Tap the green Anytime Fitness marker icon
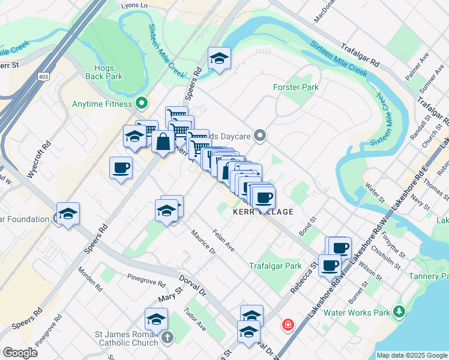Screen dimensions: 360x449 click(142, 103)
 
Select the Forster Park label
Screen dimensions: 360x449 click(296, 87)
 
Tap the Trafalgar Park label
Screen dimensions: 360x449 click(275, 266)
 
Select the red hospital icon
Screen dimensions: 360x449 click(288, 325)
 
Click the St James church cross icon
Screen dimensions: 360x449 click(167, 338)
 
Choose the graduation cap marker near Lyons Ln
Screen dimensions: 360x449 click(218, 58)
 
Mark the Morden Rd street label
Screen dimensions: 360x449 click(88, 280)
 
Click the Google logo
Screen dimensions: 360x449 click(20, 352)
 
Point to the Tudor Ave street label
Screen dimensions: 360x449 click(195, 319)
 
